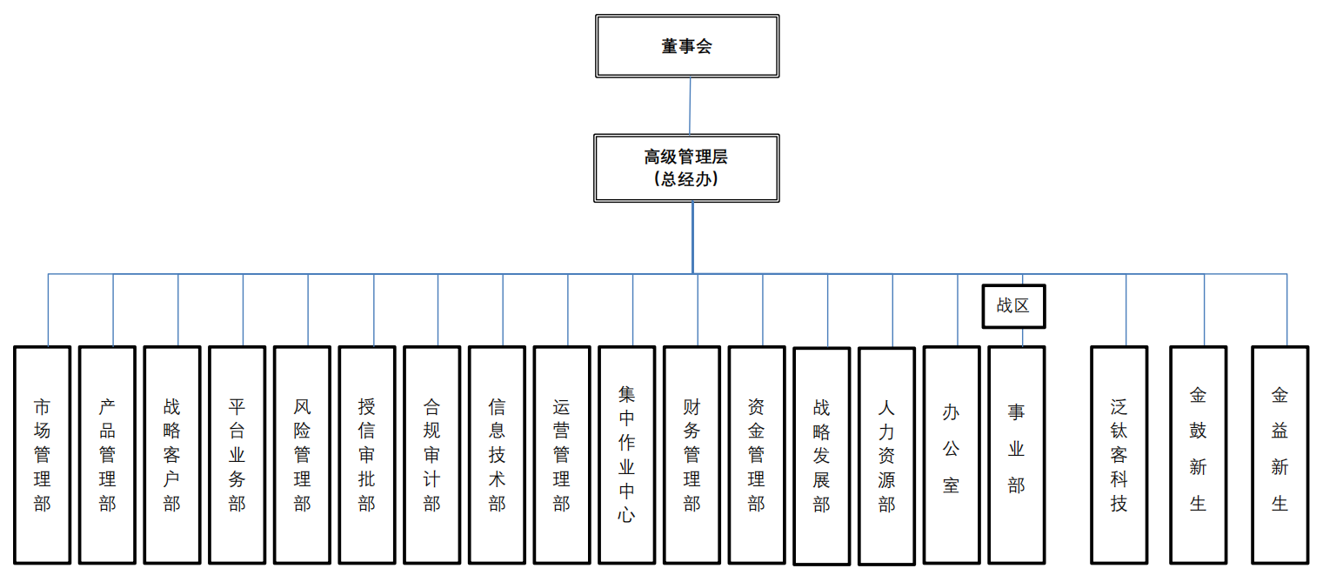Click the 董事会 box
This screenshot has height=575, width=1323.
click(686, 46)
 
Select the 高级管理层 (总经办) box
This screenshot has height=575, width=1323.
click(686, 168)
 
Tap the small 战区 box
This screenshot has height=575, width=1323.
click(1013, 306)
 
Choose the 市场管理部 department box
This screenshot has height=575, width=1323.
click(42, 454)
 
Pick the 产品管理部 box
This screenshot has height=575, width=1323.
click(107, 454)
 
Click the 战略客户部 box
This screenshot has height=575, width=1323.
click(172, 454)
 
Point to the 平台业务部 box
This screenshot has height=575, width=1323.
click(237, 454)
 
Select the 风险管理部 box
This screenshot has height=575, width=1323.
click(302, 454)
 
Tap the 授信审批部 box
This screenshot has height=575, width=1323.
click(367, 454)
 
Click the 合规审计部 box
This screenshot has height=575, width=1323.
click(432, 454)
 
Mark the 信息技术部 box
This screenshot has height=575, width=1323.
click(497, 454)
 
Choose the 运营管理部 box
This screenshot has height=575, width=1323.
click(562, 454)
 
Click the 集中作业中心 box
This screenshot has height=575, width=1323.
click(627, 454)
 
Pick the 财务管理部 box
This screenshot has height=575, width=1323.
click(692, 454)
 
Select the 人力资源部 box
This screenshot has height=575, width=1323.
click(886, 456)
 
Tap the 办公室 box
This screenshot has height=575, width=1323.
click(952, 454)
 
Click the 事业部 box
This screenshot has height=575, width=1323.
click(1016, 454)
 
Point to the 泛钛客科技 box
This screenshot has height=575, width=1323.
click(1119, 454)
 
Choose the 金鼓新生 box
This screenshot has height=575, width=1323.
click(1198, 454)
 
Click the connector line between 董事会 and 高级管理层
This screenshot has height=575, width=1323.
click(690, 105)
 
